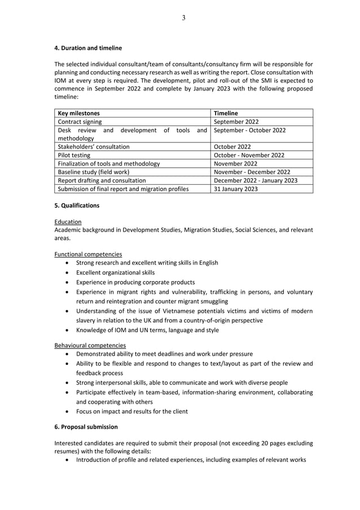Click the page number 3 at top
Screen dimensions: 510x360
click(183, 18)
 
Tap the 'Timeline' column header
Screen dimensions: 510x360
click(226, 113)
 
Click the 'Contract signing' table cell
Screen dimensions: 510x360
click(80, 121)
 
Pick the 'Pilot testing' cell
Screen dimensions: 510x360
click(74, 155)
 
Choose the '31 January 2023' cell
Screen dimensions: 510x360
click(235, 189)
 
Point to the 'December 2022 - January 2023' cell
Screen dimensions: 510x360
click(256, 180)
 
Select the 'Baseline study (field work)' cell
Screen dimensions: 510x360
click(94, 172)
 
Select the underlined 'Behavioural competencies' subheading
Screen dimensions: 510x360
click(90, 345)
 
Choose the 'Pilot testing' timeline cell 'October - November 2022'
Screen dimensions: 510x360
click(249, 155)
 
